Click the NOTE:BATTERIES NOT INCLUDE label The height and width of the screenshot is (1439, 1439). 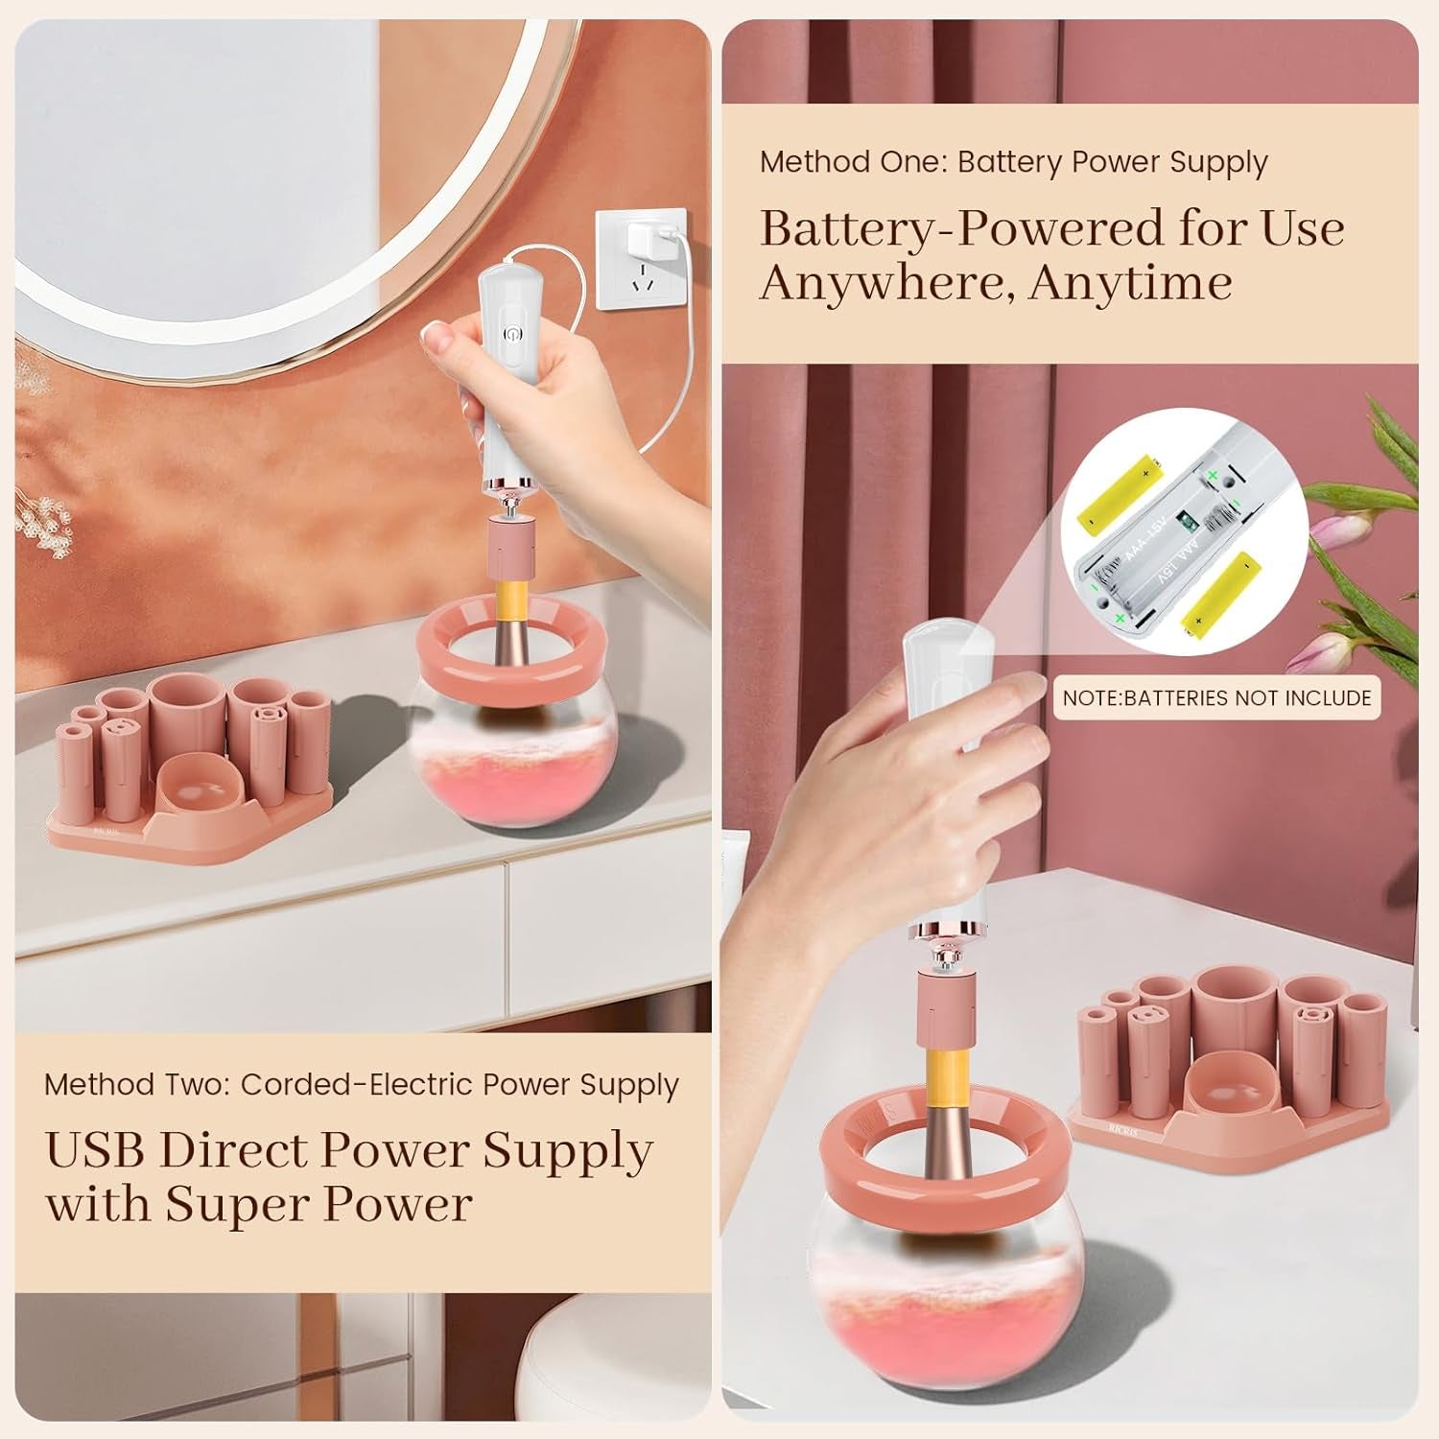tap(1216, 697)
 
